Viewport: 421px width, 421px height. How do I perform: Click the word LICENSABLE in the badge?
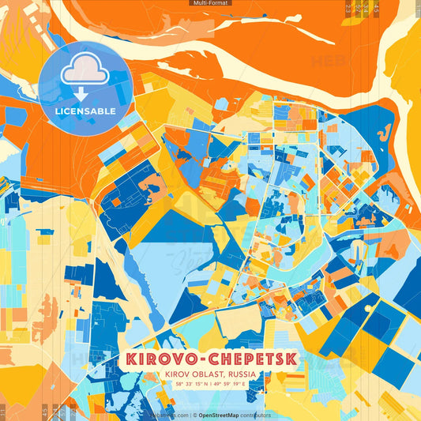pos(85,111)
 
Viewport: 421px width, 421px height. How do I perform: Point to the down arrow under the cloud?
pos(82,93)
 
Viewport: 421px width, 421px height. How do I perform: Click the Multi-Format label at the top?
pos(210,3)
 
